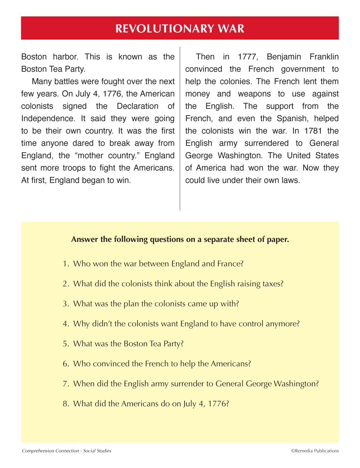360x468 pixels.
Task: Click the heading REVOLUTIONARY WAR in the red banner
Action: pyautogui.click(x=180, y=28)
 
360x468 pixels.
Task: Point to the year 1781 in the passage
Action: pyautogui.click(x=313, y=131)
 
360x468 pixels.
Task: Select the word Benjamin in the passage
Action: pyautogui.click(x=284, y=57)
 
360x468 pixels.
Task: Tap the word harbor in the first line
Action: pyautogui.click(x=66, y=57)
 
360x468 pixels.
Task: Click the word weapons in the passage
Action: pyautogui.click(x=254, y=94)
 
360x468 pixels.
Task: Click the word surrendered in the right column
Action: pyautogui.click(x=266, y=143)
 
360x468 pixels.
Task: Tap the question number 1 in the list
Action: pyautogui.click(x=65, y=264)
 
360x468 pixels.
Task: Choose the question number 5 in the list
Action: pyautogui.click(x=65, y=344)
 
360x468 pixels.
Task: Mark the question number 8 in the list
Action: pyautogui.click(x=65, y=404)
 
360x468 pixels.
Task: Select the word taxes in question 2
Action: pyautogui.click(x=272, y=284)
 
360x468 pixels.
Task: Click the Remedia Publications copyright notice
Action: pyautogui.click(x=315, y=451)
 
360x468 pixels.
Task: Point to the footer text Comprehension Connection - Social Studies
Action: pyautogui.click(x=67, y=451)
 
